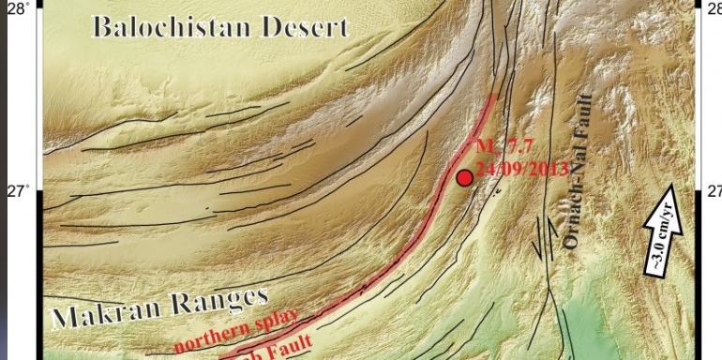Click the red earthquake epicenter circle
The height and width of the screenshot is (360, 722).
(x=464, y=177)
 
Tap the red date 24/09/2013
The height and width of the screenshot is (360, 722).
(x=521, y=170)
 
